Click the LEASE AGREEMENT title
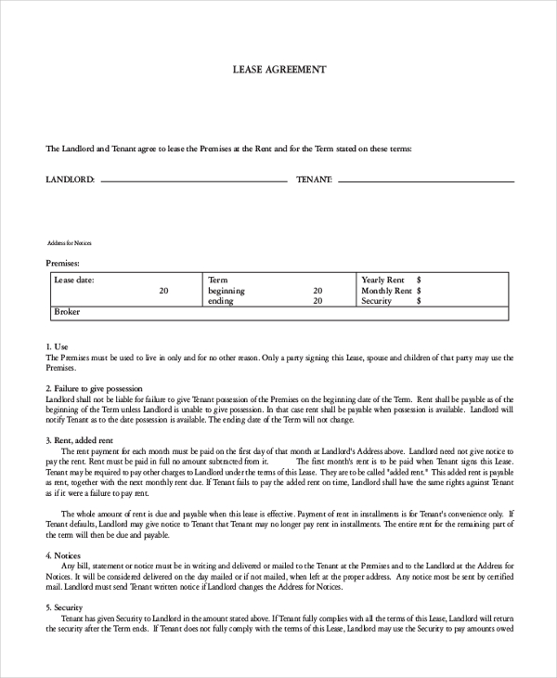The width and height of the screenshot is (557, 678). pyautogui.click(x=278, y=70)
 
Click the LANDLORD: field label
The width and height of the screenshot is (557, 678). pyautogui.click(x=71, y=178)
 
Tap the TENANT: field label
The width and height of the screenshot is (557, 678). pyautogui.click(x=315, y=178)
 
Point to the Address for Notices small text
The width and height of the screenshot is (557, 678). pyautogui.click(x=70, y=243)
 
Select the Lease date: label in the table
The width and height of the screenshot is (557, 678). pyautogui.click(x=74, y=280)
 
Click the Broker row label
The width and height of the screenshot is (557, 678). pyautogui.click(x=68, y=312)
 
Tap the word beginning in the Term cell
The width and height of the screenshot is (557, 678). pyautogui.click(x=227, y=291)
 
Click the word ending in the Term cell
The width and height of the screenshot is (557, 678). pyautogui.click(x=221, y=301)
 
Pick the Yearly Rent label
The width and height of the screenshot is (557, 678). pyautogui.click(x=382, y=280)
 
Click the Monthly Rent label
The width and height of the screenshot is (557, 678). pyautogui.click(x=386, y=291)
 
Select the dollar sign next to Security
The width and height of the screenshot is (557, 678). pyautogui.click(x=420, y=301)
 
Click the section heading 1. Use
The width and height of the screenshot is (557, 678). pyautogui.click(x=57, y=346)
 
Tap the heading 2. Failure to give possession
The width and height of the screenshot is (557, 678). pyautogui.click(x=100, y=388)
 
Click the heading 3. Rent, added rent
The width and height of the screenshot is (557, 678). pyautogui.click(x=80, y=440)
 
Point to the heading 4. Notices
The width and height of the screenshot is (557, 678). pyautogui.click(x=63, y=555)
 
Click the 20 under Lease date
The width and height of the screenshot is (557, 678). pyautogui.click(x=163, y=291)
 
